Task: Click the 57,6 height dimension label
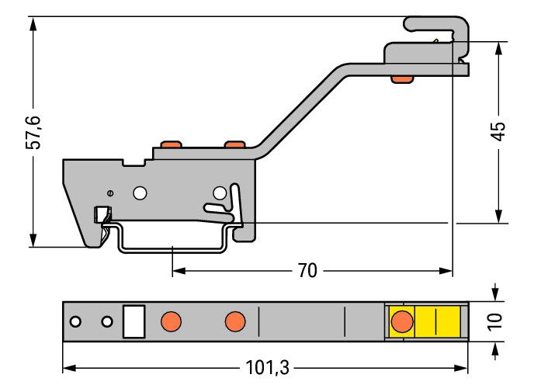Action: coord(33,133)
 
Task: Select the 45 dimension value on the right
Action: coord(498,131)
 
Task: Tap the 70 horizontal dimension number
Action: coord(307,271)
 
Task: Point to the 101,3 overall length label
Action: coord(267,368)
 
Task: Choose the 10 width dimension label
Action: coord(495,322)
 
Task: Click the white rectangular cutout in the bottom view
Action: coord(134,321)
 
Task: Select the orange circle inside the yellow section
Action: coord(402,321)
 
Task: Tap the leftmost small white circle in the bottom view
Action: coord(75,322)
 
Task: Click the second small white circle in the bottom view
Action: coord(107,322)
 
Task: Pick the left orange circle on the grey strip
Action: coord(171,321)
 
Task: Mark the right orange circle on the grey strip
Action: coord(235,321)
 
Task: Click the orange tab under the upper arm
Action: coord(402,79)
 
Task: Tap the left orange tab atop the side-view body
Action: coord(171,144)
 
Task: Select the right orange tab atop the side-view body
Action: coord(235,144)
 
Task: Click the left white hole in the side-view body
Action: coord(140,193)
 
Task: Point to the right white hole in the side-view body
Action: coord(220,193)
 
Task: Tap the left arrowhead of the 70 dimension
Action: coord(179,271)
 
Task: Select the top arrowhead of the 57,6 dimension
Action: coord(33,23)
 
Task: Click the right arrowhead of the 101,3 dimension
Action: coord(461,368)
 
